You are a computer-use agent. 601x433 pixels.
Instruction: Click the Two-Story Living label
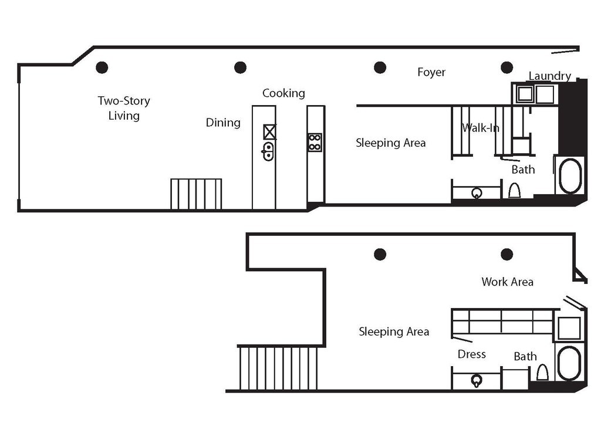point(124,108)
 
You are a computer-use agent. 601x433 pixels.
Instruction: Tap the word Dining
point(223,123)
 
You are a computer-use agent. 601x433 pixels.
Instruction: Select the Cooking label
point(283,93)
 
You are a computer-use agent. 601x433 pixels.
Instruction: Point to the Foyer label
point(431,72)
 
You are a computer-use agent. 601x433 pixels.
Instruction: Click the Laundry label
point(549,76)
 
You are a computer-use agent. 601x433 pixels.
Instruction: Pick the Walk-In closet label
point(480,127)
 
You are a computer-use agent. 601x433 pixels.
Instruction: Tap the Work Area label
point(507,282)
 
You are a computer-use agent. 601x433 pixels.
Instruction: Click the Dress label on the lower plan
point(472,354)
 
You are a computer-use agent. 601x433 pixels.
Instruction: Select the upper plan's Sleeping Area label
point(391,143)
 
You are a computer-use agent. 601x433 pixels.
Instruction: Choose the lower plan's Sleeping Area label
point(394,331)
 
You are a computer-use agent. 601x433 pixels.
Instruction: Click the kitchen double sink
point(268,151)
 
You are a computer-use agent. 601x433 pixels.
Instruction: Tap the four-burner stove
point(315,142)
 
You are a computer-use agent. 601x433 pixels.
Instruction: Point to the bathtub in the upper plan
point(570,175)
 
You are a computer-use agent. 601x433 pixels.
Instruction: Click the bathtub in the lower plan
point(569,363)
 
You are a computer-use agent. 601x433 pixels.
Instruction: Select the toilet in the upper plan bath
point(514,191)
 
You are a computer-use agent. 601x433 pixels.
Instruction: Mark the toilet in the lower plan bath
point(542,373)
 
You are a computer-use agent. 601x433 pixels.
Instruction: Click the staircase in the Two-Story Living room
point(196,194)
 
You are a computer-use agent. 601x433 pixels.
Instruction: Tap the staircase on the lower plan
point(279,368)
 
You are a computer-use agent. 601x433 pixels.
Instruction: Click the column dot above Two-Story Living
point(102,67)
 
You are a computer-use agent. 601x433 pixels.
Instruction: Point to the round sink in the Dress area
point(477,381)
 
